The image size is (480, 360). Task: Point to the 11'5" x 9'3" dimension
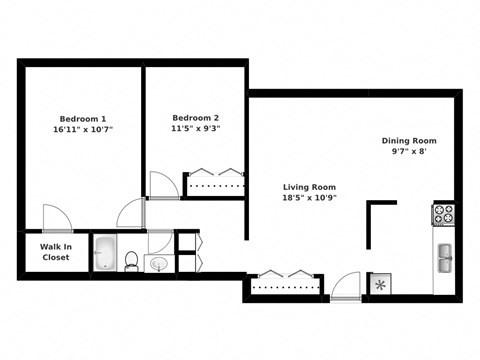195,128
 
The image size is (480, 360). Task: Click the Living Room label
308,187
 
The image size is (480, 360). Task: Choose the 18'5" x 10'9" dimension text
308,199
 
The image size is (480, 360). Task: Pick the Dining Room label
409,141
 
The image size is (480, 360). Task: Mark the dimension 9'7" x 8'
409,153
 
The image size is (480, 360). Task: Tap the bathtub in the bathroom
106,254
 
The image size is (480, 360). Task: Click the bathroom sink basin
160,264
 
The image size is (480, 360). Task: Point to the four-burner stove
443,213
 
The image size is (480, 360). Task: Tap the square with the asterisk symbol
380,284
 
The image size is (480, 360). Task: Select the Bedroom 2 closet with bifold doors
214,184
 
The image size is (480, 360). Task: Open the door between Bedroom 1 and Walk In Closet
58,219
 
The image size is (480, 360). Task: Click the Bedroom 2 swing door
162,185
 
